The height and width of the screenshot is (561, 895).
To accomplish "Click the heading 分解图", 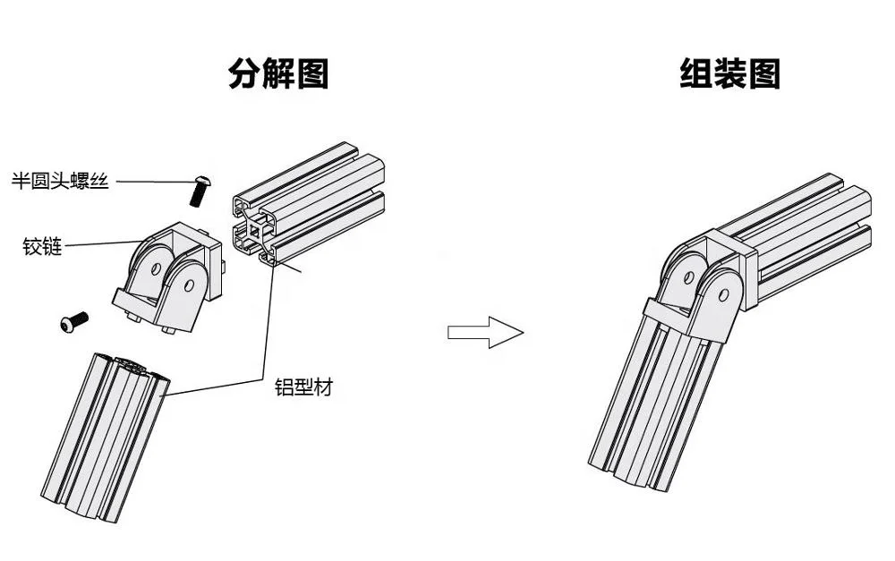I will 278,73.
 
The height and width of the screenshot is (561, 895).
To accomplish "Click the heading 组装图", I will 729,73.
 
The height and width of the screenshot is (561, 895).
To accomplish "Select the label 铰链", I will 43,247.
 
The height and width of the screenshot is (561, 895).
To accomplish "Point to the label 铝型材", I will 303,388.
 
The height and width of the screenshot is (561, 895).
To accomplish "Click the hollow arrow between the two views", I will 484,333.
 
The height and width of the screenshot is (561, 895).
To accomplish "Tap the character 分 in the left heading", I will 244,73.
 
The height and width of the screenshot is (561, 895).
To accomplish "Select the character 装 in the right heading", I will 729,73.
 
